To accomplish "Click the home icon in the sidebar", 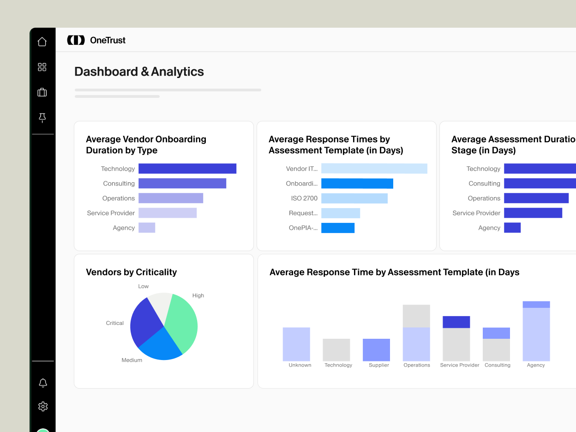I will [42, 42].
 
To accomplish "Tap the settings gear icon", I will [43, 406].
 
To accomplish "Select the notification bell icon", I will [43, 383].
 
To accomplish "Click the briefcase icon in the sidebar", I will [42, 92].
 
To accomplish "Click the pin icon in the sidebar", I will [42, 118].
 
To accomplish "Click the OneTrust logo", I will [96, 40].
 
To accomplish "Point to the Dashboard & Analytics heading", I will [139, 72].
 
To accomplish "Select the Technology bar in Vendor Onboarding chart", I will [187, 168].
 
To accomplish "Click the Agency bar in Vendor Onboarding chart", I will [147, 228].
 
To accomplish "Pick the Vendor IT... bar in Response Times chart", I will [374, 168].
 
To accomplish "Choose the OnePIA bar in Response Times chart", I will [337, 228].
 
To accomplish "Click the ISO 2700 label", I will [304, 198].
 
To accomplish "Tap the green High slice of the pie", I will [182, 321].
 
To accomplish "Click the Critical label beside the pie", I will [114, 323].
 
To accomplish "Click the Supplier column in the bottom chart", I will [376, 350].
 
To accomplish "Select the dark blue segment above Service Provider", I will [456, 322].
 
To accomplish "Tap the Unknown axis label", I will [300, 365].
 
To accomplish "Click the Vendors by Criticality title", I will [131, 272].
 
